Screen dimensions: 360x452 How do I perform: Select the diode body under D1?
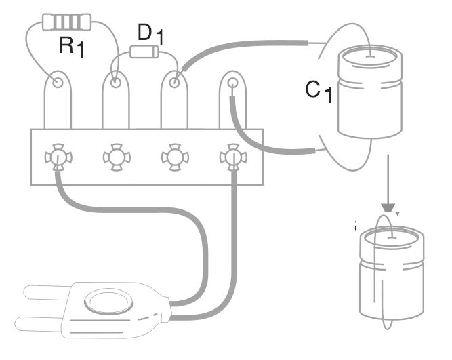coord(144,52)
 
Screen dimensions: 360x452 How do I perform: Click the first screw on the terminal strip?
coord(59,158)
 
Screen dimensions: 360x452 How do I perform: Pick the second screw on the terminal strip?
coord(117,158)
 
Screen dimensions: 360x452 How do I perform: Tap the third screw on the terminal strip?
coord(174,158)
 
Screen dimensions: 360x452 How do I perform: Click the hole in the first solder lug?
coord(59,83)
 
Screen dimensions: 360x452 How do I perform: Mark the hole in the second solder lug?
coord(117,83)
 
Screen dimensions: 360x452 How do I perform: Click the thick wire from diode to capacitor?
coord(244,49)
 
